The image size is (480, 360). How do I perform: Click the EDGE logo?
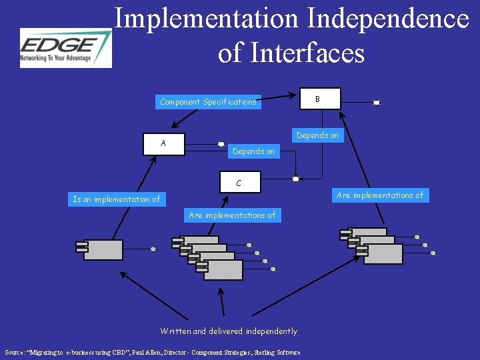[65, 48]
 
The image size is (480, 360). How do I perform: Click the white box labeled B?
[319, 99]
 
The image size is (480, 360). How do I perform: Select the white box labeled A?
[164, 145]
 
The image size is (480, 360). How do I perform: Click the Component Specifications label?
[208, 102]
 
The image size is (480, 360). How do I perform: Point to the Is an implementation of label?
[117, 199]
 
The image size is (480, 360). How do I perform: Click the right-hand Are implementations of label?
[380, 195]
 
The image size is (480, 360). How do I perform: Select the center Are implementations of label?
[232, 215]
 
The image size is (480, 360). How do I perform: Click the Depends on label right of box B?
[317, 135]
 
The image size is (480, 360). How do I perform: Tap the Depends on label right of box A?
[253, 151]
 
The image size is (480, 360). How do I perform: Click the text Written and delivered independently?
[229, 331]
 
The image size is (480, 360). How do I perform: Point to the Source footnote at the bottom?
[152, 352]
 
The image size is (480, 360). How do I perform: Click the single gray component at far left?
[103, 249]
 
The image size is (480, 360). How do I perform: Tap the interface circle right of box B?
[377, 103]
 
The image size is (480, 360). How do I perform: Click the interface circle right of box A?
[221, 143]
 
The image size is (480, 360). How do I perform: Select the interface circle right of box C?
[295, 178]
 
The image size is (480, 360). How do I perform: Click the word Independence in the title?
[389, 18]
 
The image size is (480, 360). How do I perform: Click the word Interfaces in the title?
[308, 53]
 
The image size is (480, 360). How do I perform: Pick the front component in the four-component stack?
[221, 269]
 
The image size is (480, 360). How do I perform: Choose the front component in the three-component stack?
[382, 254]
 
